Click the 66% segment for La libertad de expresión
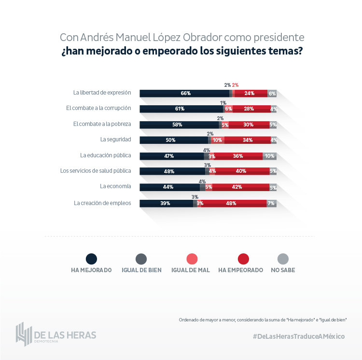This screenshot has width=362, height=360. pos(185,93)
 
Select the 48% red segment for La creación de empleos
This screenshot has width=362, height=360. pos(232,203)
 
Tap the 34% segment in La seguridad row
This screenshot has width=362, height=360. pos(247,140)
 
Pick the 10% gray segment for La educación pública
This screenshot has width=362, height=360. pos(269,156)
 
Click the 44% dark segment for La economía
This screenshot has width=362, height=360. pos(169,187)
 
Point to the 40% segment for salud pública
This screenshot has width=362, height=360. pos(241,171)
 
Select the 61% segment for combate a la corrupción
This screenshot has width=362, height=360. pos(181,109)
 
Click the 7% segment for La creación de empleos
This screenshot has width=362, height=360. pos(271,203)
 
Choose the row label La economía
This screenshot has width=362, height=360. pos(115,186)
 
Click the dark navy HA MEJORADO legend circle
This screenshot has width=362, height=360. pos(91,259)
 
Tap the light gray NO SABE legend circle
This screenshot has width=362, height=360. pos(283,259)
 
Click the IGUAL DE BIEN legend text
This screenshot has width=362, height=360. pos(142,270)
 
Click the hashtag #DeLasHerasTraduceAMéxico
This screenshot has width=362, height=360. pos(299,336)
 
